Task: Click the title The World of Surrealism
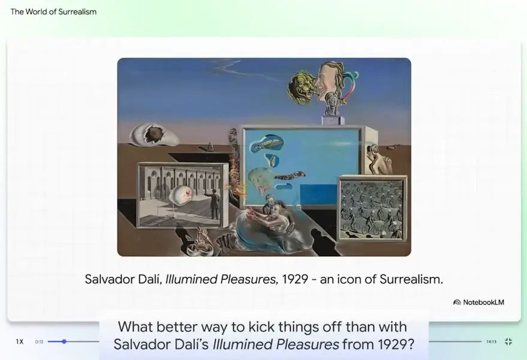(53, 12)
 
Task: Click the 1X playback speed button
(20, 341)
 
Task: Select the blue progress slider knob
(64, 341)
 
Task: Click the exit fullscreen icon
(508, 341)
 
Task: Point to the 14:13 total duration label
(491, 341)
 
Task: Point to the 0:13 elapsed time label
(40, 341)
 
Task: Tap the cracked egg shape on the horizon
(153, 135)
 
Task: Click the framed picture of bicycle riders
(372, 208)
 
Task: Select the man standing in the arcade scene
(214, 204)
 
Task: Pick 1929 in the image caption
(295, 279)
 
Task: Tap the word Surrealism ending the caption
(411, 279)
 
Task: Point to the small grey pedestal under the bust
(333, 120)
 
